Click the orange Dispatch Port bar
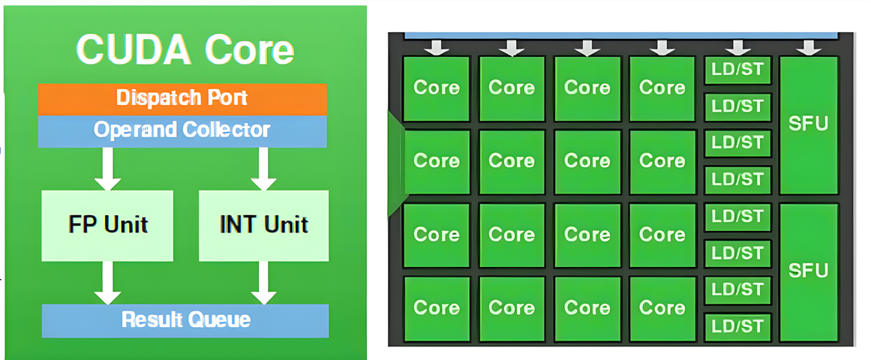(182, 98)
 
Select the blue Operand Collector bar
(182, 130)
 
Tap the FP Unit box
(107, 224)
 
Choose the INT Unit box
(263, 224)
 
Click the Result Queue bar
(185, 320)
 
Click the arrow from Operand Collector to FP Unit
(107, 169)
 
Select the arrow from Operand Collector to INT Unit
(263, 169)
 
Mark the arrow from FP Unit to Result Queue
(107, 283)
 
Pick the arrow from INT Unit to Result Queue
(263, 283)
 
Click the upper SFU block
(808, 124)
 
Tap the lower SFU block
(808, 271)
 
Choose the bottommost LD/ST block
(737, 326)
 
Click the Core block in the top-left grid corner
(437, 88)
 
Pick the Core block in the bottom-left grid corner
(437, 308)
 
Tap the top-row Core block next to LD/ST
(662, 88)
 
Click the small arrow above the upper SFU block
(808, 48)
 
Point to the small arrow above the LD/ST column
(737, 48)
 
